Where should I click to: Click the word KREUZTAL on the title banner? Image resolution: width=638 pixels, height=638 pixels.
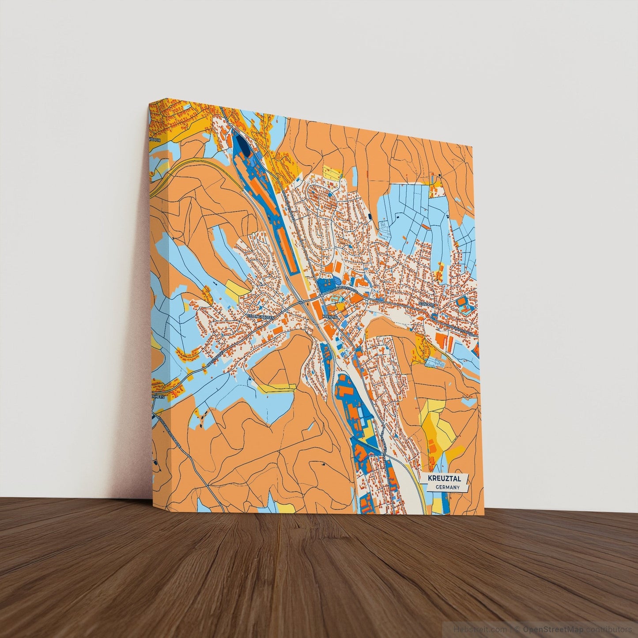click(444, 478)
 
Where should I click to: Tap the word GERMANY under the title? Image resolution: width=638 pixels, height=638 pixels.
click(447, 487)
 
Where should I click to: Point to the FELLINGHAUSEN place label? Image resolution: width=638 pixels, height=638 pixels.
click(261, 317)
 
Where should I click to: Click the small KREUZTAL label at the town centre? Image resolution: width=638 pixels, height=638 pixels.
click(330, 317)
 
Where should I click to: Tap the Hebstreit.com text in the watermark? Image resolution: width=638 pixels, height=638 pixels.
click(474, 629)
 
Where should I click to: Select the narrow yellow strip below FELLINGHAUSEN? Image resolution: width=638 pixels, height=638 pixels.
click(276, 389)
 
